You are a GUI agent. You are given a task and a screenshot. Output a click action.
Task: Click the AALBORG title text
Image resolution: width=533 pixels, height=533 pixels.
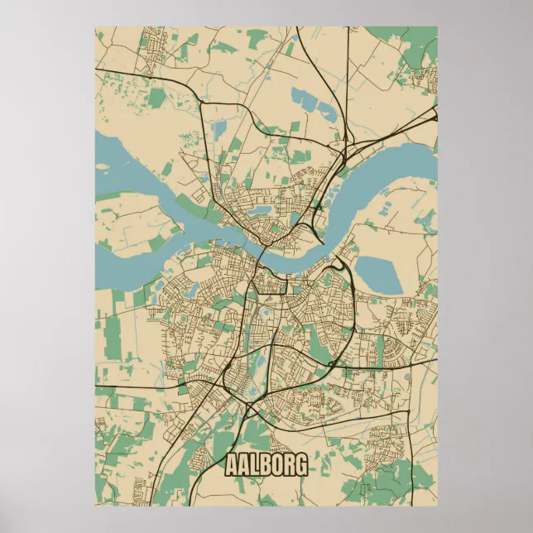[x=266, y=465]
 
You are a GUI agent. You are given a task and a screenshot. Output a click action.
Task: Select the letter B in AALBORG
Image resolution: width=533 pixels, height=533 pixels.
[x=266, y=465]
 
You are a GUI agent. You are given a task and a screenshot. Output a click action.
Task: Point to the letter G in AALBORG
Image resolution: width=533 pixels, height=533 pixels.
[x=300, y=465]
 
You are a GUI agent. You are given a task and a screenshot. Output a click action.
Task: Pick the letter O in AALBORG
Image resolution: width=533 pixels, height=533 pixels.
[x=277, y=465]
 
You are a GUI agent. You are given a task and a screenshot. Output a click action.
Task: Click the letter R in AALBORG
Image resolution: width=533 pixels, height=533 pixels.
[x=289, y=465]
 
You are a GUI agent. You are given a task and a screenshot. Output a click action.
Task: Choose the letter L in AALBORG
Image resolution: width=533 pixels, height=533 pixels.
[x=255, y=465]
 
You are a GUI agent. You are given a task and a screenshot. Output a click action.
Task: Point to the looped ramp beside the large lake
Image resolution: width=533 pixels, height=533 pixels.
[x=341, y=266]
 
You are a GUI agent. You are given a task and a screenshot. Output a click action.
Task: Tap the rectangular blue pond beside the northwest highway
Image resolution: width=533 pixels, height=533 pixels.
[x=219, y=130]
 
